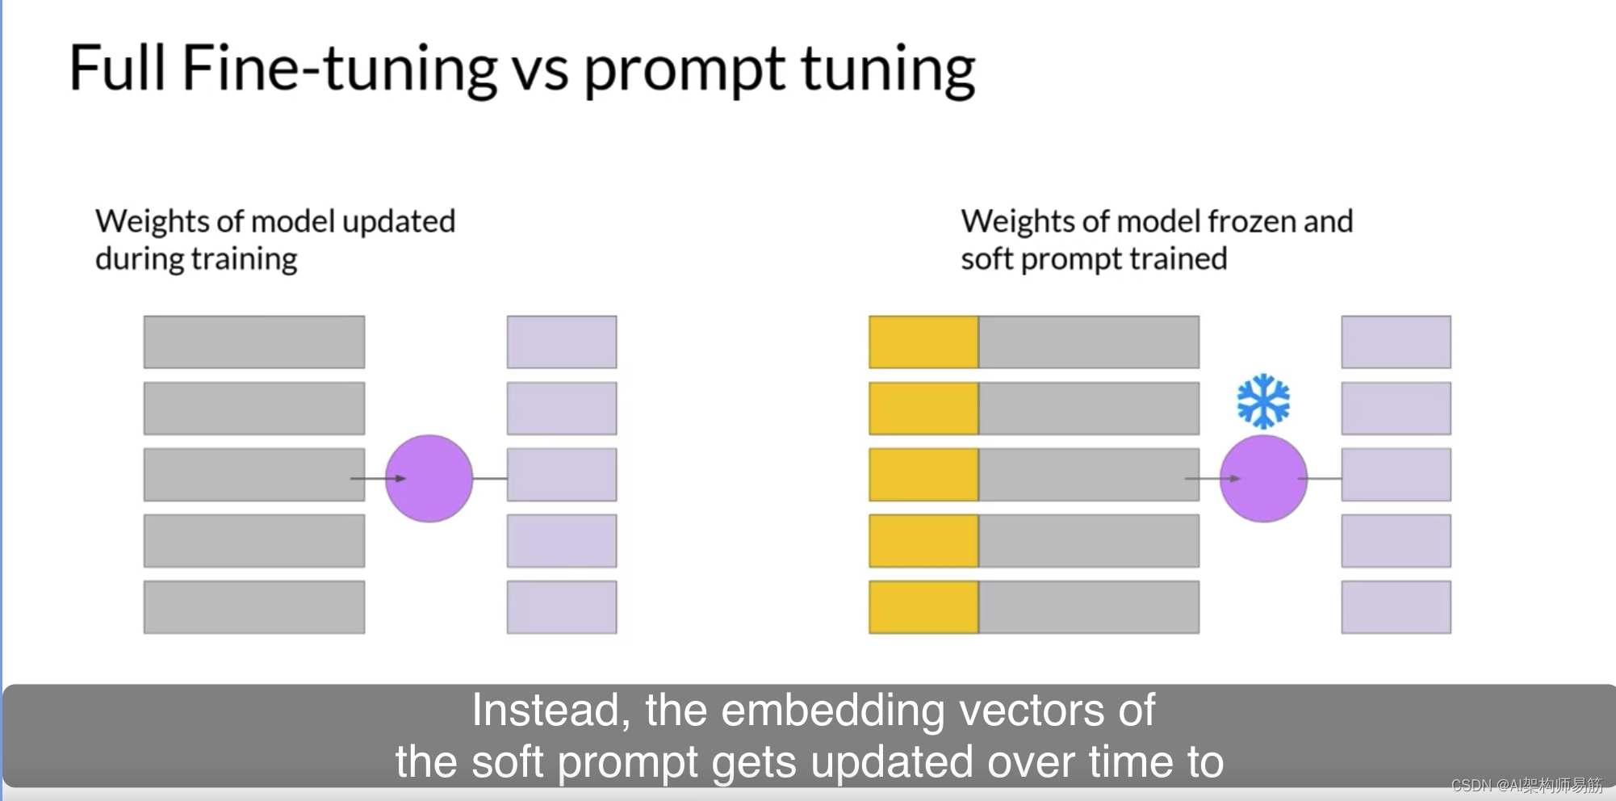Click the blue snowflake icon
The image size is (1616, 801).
click(x=1263, y=400)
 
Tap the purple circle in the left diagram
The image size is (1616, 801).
click(x=429, y=479)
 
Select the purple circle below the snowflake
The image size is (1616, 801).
click(x=1263, y=479)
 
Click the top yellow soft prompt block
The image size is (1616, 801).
click(x=923, y=342)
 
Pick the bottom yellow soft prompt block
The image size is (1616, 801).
click(x=923, y=607)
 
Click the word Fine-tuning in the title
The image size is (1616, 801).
click(x=339, y=68)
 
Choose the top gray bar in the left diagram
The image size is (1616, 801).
click(x=254, y=342)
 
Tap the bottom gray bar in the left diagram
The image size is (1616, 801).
click(x=254, y=607)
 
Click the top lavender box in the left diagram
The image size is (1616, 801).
click(x=562, y=342)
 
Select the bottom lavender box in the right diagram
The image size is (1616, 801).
click(x=1396, y=607)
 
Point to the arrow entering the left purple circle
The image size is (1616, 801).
click(x=378, y=479)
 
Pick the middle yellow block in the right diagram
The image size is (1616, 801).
click(x=923, y=475)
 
